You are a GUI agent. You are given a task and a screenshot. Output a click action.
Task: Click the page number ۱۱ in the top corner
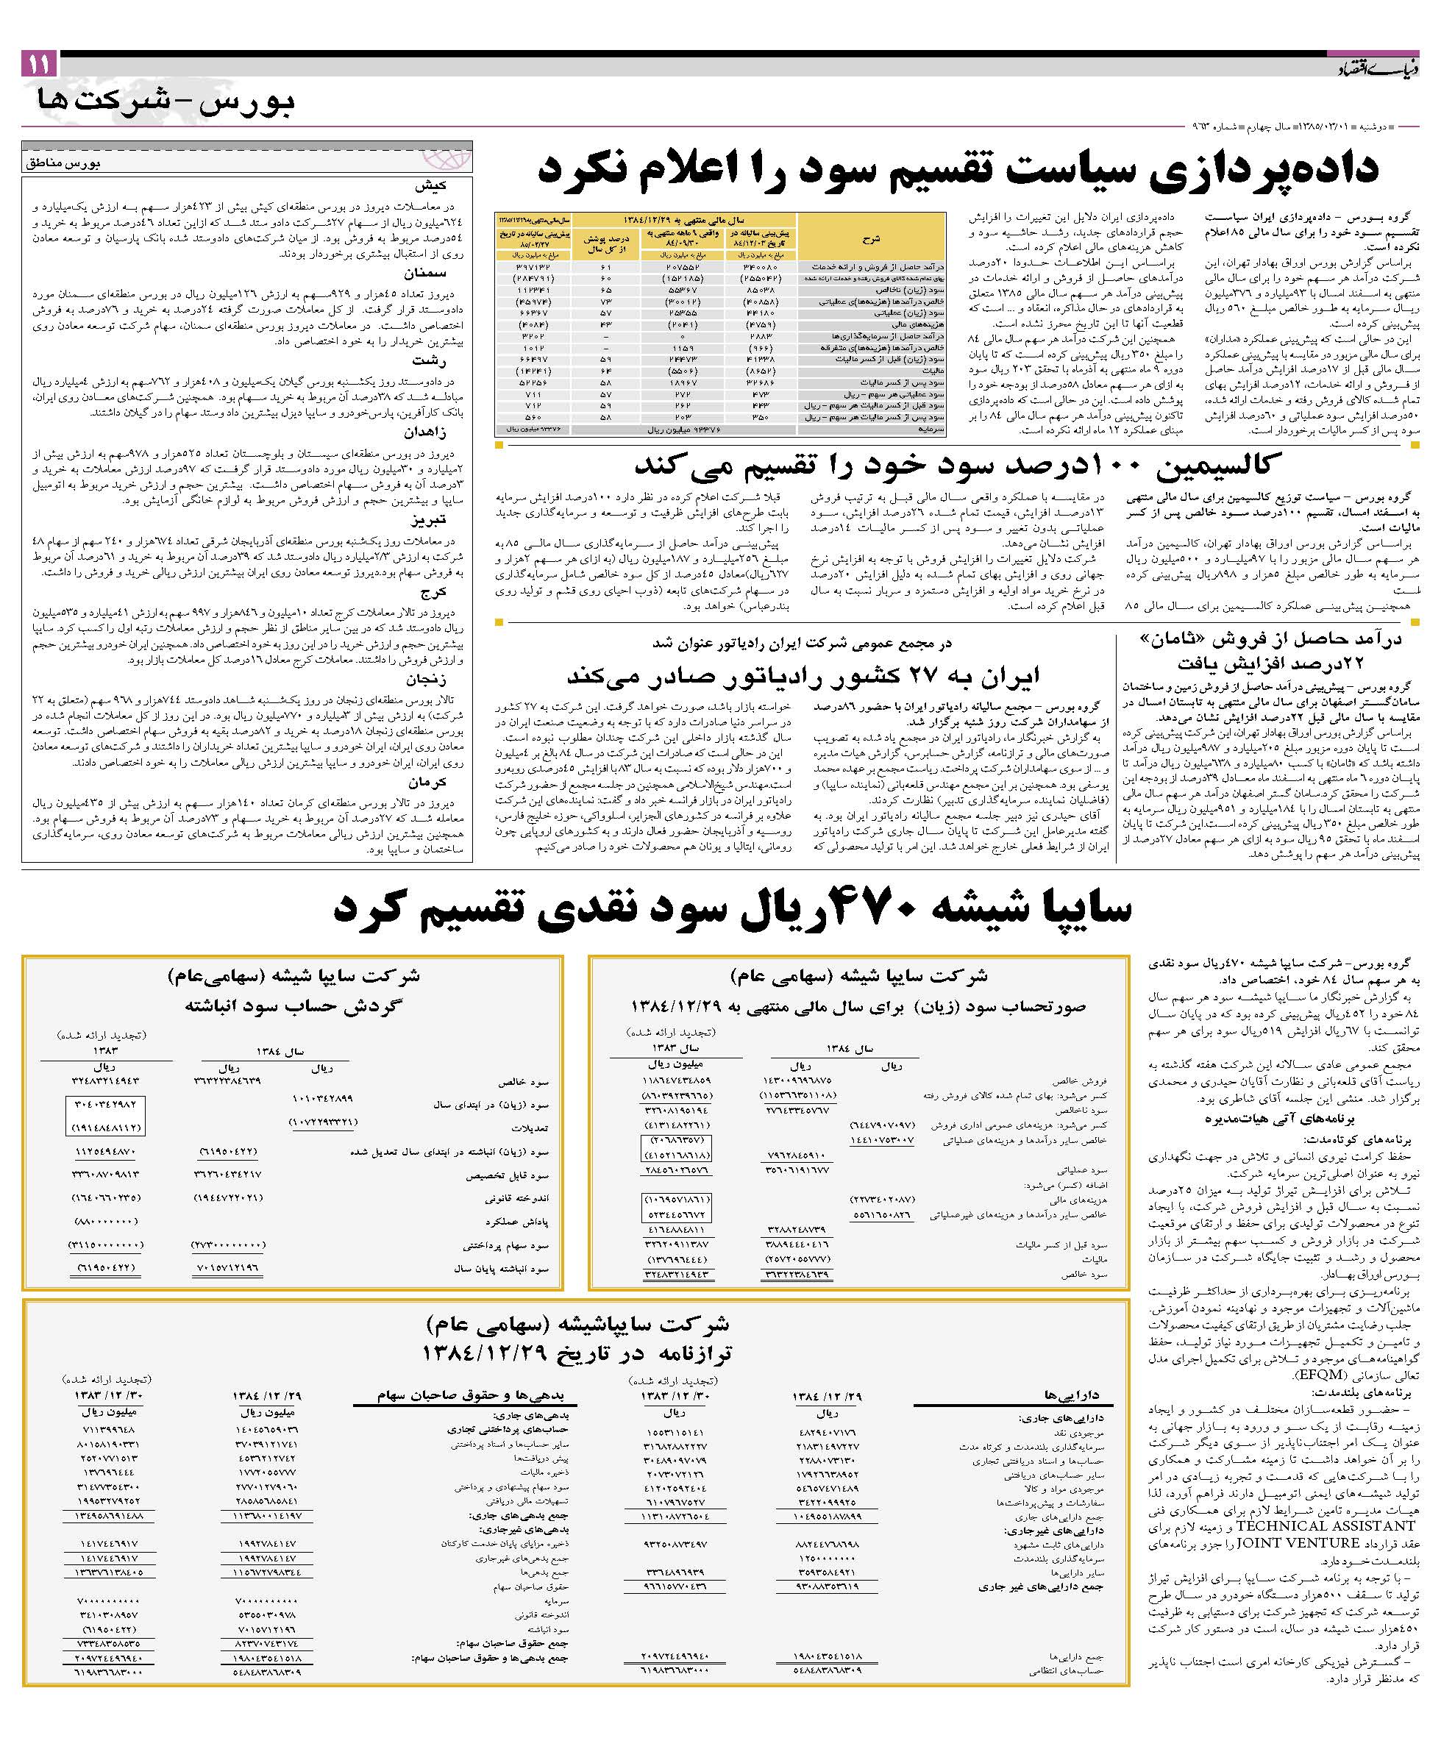(39, 64)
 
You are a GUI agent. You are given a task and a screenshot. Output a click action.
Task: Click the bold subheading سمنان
(425, 273)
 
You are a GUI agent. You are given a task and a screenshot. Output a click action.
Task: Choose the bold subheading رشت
(430, 361)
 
